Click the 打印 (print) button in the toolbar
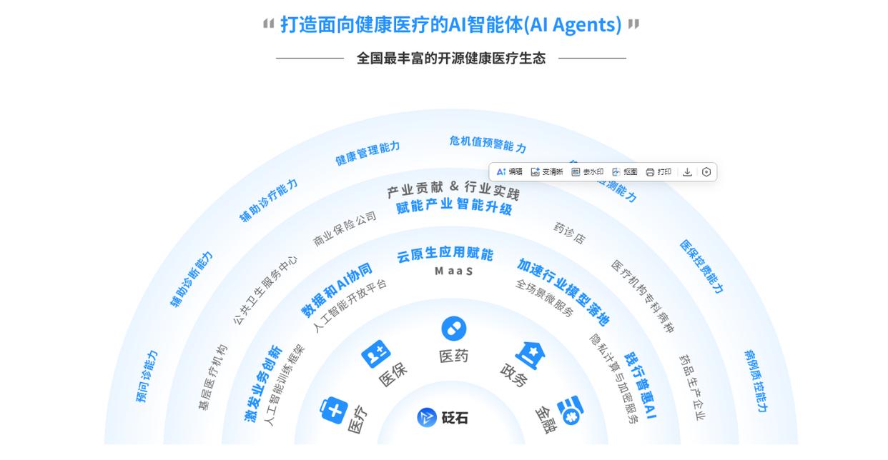pyautogui.click(x=658, y=172)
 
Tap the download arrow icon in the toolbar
pyautogui.click(x=687, y=172)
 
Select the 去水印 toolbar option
pyautogui.click(x=588, y=172)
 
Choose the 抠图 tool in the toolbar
pyautogui.click(x=625, y=172)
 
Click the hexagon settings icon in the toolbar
pyautogui.click(x=706, y=172)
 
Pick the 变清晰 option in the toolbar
pyautogui.click(x=547, y=172)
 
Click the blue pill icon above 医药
pyautogui.click(x=453, y=329)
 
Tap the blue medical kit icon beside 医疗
pyautogui.click(x=333, y=411)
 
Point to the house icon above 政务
pyautogui.click(x=530, y=354)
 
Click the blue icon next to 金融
pyautogui.click(x=570, y=410)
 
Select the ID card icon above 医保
pyautogui.click(x=375, y=354)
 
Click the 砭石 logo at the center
pyautogui.click(x=443, y=417)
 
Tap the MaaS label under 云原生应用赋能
pyautogui.click(x=453, y=271)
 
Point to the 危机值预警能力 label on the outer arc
pyautogui.click(x=488, y=144)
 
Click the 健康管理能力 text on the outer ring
pyautogui.click(x=367, y=153)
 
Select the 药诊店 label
pyautogui.click(x=569, y=233)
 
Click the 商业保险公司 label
pyautogui.click(x=345, y=229)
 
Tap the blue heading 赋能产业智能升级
pyautogui.click(x=454, y=206)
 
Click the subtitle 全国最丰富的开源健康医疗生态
pyautogui.click(x=450, y=59)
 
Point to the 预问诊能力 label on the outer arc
pyautogui.click(x=147, y=376)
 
